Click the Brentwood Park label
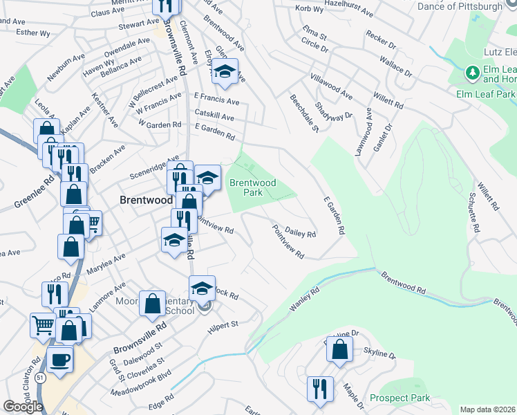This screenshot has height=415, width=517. pos(253,187)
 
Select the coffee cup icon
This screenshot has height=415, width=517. pos(59,360)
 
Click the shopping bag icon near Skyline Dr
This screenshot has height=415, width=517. pos(339,349)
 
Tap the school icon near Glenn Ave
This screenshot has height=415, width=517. pos(225,72)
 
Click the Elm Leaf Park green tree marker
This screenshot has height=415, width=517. pos(473,72)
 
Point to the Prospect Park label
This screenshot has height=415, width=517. pos(399,398)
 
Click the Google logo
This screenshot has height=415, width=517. pos(23,407)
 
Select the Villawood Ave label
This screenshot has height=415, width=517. pos(331,86)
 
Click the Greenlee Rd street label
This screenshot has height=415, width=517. pos(33,194)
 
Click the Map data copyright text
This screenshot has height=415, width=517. pos(487,409)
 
